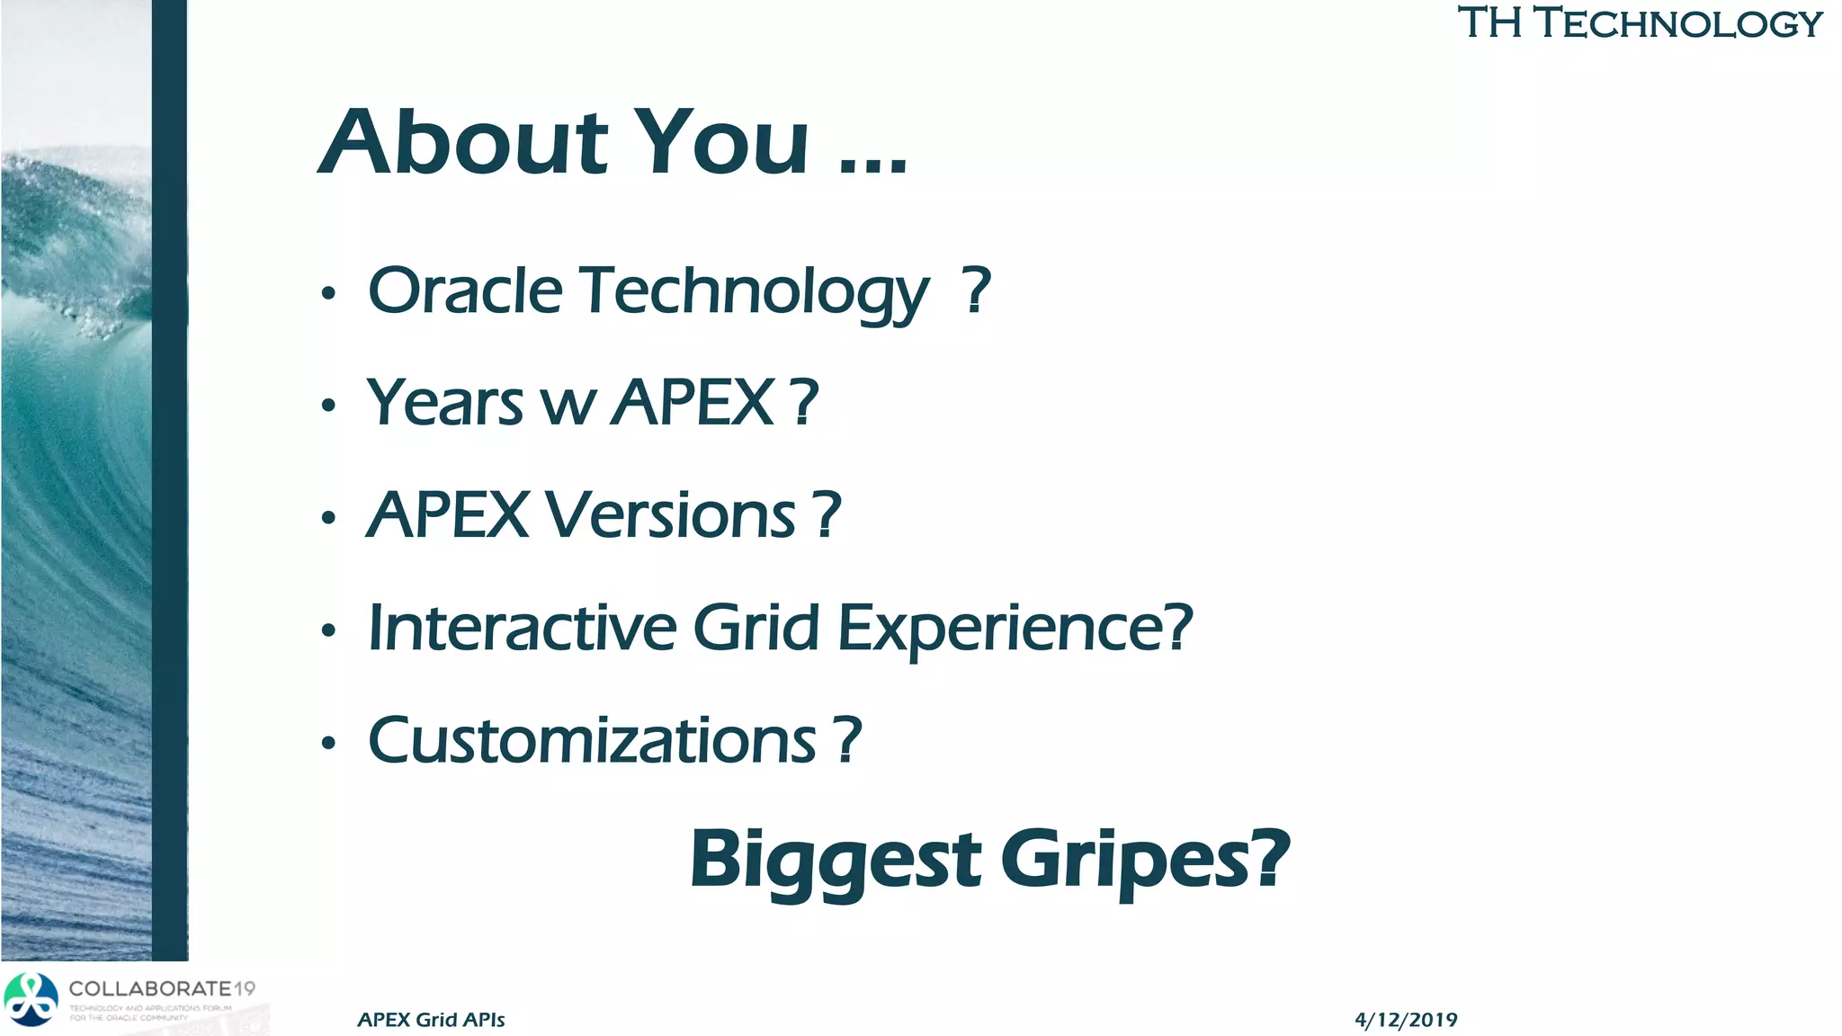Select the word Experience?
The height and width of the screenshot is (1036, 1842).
point(1015,629)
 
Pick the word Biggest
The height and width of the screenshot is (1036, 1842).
point(836,860)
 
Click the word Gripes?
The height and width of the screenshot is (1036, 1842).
point(1145,860)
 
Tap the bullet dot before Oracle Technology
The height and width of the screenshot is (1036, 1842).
point(328,294)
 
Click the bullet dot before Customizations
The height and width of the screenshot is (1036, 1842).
point(328,744)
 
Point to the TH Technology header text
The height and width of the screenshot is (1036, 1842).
point(1640,22)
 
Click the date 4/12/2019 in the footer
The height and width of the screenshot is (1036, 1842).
point(1406,1020)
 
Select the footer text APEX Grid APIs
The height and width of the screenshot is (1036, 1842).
point(431,1020)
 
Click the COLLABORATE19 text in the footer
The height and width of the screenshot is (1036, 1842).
point(162,989)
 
